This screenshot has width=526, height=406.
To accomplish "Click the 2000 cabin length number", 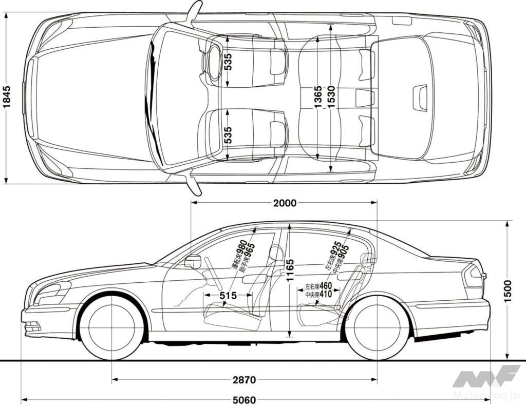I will tap(285, 203).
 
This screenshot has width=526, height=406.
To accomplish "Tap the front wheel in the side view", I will tap(111, 328).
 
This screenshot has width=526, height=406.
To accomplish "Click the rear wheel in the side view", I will tap(377, 328).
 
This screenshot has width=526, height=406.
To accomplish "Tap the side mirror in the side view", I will tap(193, 261).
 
